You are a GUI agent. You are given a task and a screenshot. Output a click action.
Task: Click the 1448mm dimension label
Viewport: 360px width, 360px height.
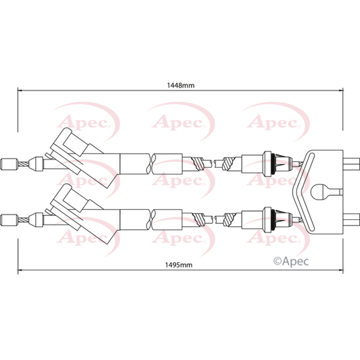tap(180, 85)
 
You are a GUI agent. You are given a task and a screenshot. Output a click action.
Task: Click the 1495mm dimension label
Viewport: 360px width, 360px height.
tap(179, 265)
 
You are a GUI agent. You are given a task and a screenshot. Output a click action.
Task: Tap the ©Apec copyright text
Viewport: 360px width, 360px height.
tap(291, 261)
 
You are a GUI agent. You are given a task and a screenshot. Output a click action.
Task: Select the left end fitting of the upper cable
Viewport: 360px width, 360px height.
tap(9, 164)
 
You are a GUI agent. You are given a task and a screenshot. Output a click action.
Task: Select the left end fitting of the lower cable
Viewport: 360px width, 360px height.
tap(9, 220)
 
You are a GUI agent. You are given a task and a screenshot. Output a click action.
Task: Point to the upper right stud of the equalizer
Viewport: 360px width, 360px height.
tap(351, 163)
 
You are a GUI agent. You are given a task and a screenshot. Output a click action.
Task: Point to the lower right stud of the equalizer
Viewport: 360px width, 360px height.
tap(351, 219)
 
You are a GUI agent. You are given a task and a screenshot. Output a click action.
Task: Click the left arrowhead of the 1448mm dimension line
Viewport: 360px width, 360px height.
tap(20, 90)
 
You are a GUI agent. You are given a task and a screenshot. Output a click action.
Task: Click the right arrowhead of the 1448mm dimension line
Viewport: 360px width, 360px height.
tap(341, 90)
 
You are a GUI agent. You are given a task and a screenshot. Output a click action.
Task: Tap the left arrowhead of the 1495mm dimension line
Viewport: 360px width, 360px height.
tap(20, 270)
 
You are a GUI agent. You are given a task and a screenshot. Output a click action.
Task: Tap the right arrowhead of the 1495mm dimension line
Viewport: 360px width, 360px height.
tap(341, 270)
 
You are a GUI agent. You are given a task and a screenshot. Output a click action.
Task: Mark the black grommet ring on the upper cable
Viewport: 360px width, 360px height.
tap(273, 164)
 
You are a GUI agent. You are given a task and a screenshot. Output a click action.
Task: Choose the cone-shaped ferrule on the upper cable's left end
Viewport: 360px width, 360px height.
tap(36, 164)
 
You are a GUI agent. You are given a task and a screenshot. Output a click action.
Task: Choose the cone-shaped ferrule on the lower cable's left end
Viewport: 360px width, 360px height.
tap(36, 220)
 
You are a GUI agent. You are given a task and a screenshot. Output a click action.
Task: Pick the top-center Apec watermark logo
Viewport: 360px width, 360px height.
tap(181, 121)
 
